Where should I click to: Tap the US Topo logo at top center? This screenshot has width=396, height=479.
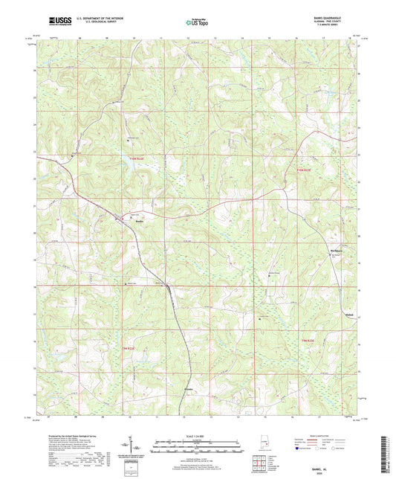pos(198,23)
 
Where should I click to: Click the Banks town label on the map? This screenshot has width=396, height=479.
pos(139,221)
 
